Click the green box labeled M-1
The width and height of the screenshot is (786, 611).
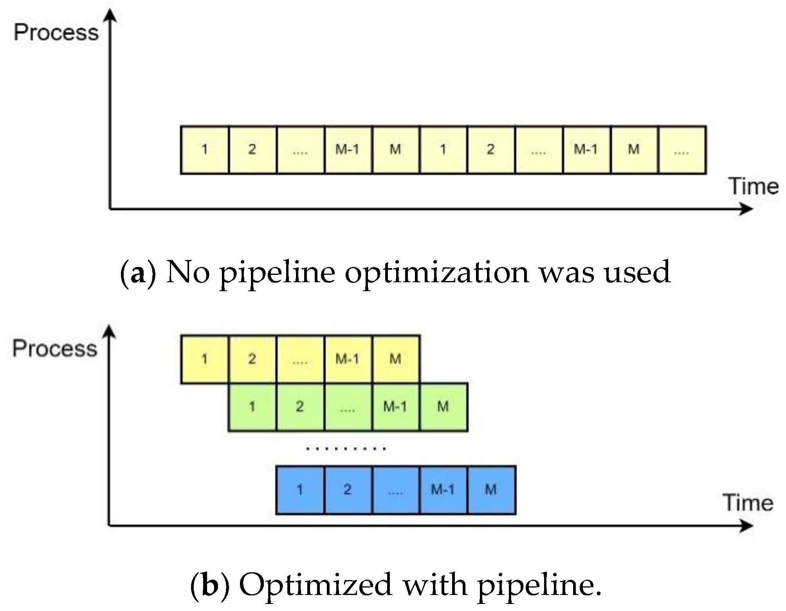coord(395,407)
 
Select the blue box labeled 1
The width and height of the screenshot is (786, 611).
coord(300,490)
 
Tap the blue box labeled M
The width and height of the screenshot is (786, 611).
coord(491,490)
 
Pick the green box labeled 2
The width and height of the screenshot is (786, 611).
coord(300,407)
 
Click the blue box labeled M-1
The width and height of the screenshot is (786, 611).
coord(443,490)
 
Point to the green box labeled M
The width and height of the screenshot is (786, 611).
coord(443,407)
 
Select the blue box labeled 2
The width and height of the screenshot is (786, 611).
coord(348,490)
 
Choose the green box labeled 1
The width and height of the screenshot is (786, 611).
coord(252,407)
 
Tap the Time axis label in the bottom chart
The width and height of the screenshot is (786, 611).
coord(748,502)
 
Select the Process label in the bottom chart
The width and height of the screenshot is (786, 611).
coord(55,348)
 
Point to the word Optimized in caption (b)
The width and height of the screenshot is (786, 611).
coord(315,585)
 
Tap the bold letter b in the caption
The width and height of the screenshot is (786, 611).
coord(210,585)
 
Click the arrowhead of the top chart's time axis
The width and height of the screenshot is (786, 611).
coord(746,209)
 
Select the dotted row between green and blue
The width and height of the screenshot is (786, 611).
coord(346,448)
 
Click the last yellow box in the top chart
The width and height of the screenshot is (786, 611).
coord(682,150)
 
